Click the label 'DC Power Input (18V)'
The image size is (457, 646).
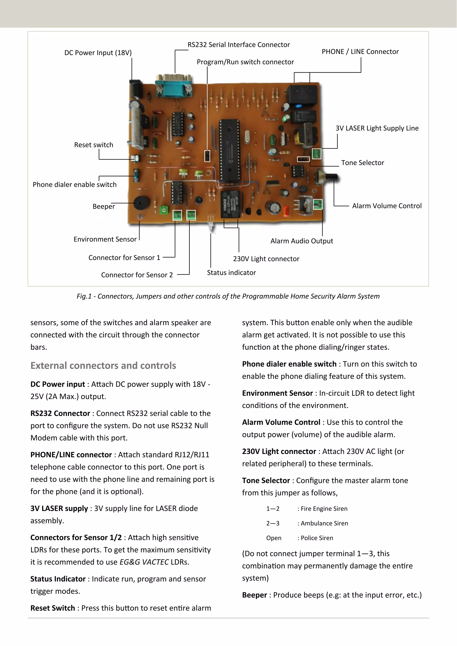(x=98, y=53)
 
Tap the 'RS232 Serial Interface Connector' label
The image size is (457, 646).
(x=239, y=45)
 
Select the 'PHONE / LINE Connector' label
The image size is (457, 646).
(x=360, y=52)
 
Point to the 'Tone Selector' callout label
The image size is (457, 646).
(x=362, y=163)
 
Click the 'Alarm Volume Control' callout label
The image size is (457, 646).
(x=387, y=206)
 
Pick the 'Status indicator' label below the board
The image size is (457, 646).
(x=231, y=273)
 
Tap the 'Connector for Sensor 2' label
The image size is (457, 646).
(x=137, y=275)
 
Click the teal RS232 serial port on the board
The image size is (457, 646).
(x=174, y=85)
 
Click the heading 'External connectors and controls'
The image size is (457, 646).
(x=103, y=365)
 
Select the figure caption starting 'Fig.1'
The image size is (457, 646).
(x=228, y=296)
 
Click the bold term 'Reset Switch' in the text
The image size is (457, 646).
(x=53, y=608)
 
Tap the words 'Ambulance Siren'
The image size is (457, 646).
(x=324, y=523)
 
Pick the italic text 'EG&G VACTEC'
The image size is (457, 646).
(x=144, y=562)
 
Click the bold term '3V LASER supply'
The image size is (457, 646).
(x=59, y=508)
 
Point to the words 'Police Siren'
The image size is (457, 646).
(x=317, y=538)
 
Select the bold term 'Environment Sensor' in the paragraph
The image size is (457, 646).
(x=277, y=393)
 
